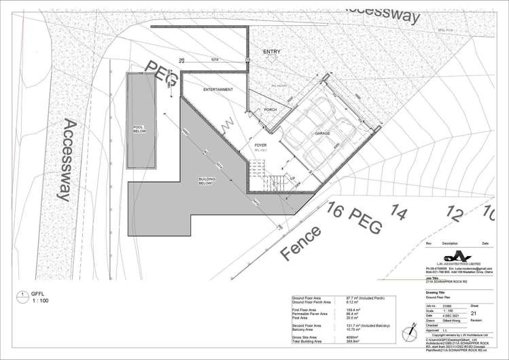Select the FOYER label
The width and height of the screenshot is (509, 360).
click(x=260, y=145)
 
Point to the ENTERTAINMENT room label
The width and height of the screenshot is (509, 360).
click(x=218, y=90)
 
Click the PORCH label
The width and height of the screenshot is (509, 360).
click(x=270, y=110)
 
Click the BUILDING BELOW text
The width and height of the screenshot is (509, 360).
click(x=207, y=181)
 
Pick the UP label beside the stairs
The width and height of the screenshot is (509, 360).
click(x=293, y=178)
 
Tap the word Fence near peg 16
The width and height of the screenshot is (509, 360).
click(x=300, y=245)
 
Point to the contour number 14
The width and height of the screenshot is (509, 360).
click(x=400, y=215)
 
